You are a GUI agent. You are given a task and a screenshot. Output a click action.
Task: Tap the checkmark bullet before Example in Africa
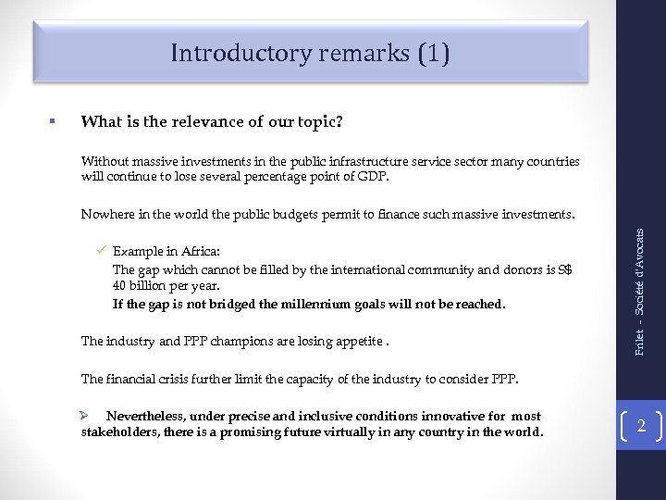pyautogui.click(x=103, y=250)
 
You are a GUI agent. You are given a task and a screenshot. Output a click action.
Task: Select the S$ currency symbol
pyautogui.click(x=565, y=269)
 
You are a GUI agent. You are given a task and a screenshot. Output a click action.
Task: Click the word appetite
pyautogui.click(x=357, y=342)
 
